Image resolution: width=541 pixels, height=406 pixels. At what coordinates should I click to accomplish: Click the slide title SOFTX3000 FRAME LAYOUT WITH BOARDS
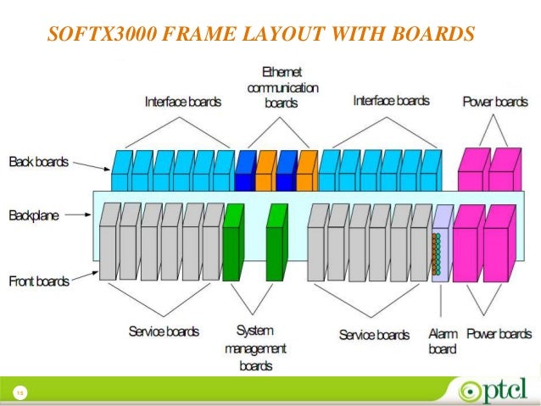tap(261, 35)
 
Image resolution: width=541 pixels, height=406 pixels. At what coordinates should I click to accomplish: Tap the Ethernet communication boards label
tap(282, 87)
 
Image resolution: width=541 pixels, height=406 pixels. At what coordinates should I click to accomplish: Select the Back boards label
tap(37, 161)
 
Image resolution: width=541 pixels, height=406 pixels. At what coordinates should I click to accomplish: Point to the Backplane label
tap(35, 216)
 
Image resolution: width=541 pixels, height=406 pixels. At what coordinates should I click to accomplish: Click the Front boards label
tap(38, 281)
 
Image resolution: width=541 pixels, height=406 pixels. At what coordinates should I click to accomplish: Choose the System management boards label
tap(255, 348)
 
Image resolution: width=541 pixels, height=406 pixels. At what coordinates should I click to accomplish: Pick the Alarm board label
tap(443, 342)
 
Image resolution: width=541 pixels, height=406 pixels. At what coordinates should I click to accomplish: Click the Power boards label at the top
tap(495, 102)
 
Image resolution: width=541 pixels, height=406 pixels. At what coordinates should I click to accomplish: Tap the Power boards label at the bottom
tap(499, 334)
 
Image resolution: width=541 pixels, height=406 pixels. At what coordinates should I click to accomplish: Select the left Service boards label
tap(164, 331)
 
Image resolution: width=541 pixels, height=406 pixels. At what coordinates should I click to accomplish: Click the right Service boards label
tap(374, 335)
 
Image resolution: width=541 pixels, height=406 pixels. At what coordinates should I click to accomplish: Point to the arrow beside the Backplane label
tap(78, 216)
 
